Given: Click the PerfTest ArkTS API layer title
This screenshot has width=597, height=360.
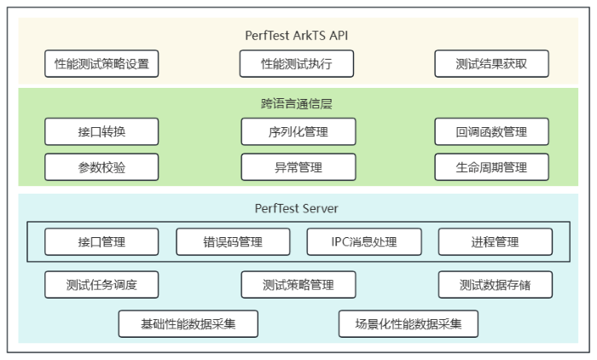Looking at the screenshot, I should pyautogui.click(x=297, y=36).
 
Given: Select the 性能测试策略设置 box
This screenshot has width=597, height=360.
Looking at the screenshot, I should pyautogui.click(x=101, y=64).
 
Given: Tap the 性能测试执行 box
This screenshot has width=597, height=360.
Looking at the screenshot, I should pyautogui.click(x=297, y=64).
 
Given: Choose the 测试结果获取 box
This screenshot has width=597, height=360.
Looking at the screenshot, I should pyautogui.click(x=491, y=64).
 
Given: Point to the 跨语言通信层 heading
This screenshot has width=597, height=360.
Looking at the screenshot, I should pyautogui.click(x=297, y=104).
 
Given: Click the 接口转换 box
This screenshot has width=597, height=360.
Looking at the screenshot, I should pyautogui.click(x=101, y=132).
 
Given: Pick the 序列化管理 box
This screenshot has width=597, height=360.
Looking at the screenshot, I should pyautogui.click(x=298, y=132).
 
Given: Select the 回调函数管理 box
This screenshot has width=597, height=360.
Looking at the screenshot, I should pyautogui.click(x=491, y=132).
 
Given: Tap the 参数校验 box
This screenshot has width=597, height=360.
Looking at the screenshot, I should pyautogui.click(x=101, y=167).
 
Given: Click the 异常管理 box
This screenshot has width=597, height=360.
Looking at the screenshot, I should pyautogui.click(x=298, y=167).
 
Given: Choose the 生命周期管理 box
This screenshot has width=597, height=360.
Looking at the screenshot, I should pyautogui.click(x=491, y=167).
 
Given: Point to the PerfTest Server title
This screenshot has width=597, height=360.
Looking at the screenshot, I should pyautogui.click(x=297, y=208).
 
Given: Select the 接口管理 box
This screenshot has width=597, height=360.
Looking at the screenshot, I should pyautogui.click(x=101, y=242).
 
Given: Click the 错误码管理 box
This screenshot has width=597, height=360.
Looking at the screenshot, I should pyautogui.click(x=233, y=242).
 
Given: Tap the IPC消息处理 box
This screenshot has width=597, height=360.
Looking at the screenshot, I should pyautogui.click(x=364, y=242).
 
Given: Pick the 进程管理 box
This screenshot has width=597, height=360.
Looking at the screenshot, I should pyautogui.click(x=495, y=242).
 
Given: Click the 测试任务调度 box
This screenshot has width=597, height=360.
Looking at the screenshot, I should pyautogui.click(x=101, y=285).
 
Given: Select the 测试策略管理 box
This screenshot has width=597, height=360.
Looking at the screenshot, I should pyautogui.click(x=298, y=285).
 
